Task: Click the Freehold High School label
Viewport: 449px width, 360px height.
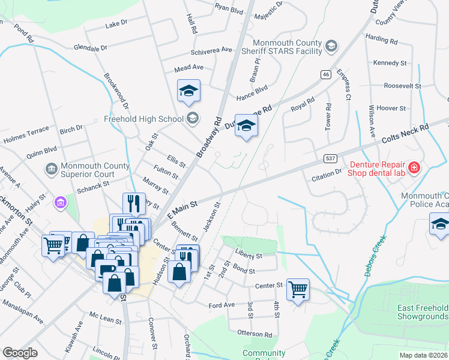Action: tap(143, 118)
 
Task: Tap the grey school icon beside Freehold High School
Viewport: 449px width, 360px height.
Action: tap(192, 118)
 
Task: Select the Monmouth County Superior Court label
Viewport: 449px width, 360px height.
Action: tap(94, 170)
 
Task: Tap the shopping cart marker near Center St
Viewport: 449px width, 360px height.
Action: tap(298, 290)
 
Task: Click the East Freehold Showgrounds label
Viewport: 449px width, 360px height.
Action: tap(423, 312)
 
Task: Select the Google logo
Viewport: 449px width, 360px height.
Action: tap(20, 353)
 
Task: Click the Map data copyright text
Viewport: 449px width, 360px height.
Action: tap(423, 355)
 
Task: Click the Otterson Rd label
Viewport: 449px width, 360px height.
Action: tap(255, 334)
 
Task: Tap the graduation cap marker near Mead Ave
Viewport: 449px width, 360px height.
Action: tap(188, 91)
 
